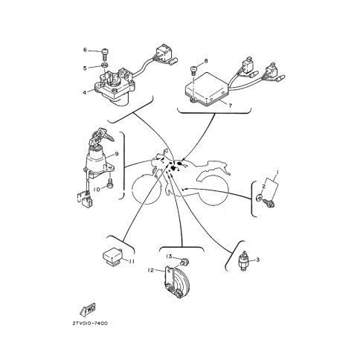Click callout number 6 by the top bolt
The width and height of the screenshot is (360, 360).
(85, 50)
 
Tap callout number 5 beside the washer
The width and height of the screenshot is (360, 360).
(85, 68)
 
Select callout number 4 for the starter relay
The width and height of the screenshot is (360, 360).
(85, 92)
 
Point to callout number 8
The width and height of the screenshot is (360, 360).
(206, 61)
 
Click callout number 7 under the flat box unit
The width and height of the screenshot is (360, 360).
(231, 106)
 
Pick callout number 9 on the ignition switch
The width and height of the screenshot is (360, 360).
(117, 154)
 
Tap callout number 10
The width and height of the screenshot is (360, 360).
(97, 190)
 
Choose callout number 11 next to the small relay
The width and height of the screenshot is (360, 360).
(132, 261)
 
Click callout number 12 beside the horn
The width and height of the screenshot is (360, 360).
(151, 270)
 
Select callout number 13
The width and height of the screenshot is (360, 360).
(169, 256)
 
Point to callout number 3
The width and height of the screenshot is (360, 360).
(258, 260)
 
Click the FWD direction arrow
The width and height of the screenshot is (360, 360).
(88, 309)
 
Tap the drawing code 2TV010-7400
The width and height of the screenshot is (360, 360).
(90, 324)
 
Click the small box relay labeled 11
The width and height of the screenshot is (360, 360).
(112, 258)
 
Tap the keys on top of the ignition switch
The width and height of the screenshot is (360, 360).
(101, 136)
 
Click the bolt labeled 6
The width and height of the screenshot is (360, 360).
(106, 55)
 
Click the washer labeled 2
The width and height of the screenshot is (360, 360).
(259, 198)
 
